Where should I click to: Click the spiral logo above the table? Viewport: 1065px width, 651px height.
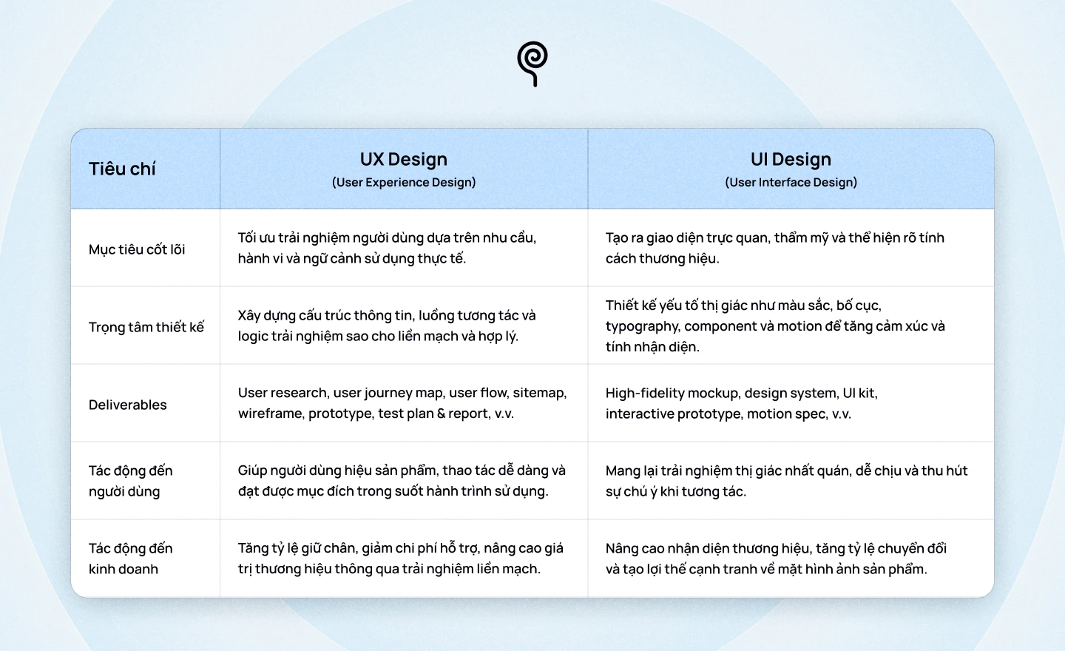[532, 63]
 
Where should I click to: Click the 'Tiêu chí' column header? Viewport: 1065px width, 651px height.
[122, 169]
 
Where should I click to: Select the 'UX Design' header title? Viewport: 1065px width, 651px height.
[404, 159]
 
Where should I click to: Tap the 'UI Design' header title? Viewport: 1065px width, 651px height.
[791, 159]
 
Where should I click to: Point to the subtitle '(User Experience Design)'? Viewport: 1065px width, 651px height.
[404, 182]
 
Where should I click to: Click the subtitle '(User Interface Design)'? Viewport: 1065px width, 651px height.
[791, 182]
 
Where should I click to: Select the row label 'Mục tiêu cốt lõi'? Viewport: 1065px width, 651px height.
[137, 249]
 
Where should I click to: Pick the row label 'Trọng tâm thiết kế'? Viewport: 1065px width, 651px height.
[146, 327]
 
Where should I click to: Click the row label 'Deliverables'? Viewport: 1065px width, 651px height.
[128, 405]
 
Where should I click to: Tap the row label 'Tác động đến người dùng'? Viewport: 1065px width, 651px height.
[130, 481]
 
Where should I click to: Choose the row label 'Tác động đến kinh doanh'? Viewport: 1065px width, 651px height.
[130, 559]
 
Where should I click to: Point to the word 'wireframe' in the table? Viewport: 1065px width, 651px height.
[270, 414]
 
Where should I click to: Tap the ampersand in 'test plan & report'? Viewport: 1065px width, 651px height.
[441, 414]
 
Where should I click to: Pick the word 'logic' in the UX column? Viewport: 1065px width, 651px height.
[252, 336]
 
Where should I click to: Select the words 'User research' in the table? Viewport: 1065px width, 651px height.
[282, 393]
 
